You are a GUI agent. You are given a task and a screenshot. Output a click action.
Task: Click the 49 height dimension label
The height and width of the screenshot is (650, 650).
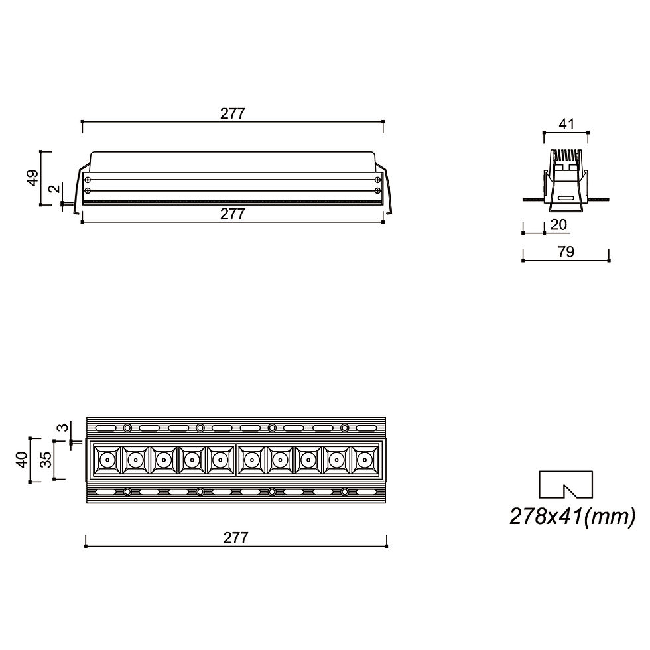click(x=32, y=178)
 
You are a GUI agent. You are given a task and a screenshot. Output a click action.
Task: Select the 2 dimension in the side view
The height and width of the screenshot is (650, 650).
click(x=54, y=189)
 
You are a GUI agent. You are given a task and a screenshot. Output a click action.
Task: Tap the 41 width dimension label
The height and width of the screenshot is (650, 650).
click(x=566, y=124)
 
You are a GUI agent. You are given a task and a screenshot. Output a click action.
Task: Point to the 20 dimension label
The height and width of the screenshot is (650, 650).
click(x=558, y=225)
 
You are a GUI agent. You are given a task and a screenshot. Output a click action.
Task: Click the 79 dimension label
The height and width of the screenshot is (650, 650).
click(x=566, y=252)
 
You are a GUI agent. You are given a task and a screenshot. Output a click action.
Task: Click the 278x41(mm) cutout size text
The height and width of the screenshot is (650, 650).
click(x=572, y=517)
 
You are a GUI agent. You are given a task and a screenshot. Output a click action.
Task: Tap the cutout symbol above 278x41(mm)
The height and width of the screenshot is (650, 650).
click(x=565, y=484)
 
